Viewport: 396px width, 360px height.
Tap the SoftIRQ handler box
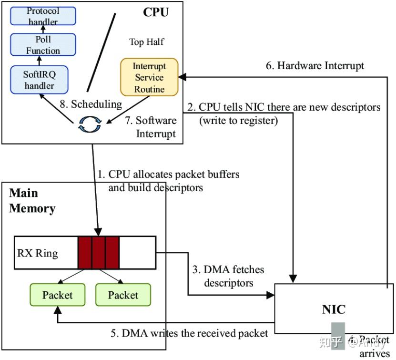[39, 80]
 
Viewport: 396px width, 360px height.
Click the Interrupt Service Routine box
[149, 77]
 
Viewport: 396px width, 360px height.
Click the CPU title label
[155, 12]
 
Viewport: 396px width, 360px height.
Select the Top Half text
[146, 42]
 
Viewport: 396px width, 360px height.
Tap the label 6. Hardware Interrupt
[315, 66]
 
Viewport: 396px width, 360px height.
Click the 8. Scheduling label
[90, 103]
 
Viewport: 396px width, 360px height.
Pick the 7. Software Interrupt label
[151, 127]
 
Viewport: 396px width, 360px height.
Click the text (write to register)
[238, 120]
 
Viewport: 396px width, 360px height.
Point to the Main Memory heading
[32, 201]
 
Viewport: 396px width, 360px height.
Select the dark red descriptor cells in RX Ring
[98, 253]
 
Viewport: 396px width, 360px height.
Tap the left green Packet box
[57, 295]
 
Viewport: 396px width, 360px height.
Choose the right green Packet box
[123, 295]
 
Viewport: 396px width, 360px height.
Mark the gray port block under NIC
[338, 336]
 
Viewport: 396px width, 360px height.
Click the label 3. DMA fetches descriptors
[228, 277]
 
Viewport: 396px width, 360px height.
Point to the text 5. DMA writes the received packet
[189, 333]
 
